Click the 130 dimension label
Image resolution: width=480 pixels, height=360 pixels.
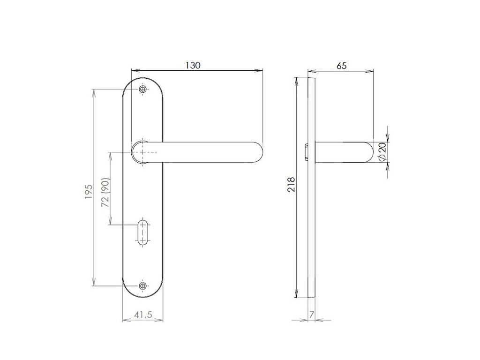[x=193, y=65]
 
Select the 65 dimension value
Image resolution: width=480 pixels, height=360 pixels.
[x=341, y=66]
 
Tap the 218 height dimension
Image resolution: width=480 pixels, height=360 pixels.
[x=291, y=184]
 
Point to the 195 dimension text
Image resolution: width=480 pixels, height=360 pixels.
[x=89, y=192]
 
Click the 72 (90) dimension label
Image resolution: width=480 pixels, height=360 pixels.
[x=105, y=192]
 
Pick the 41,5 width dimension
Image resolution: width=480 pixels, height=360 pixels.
[x=143, y=315]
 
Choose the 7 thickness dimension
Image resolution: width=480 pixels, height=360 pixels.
[x=312, y=315]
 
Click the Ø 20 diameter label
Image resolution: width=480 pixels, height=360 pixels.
[x=382, y=152]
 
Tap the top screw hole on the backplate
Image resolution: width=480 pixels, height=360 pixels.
[x=142, y=89]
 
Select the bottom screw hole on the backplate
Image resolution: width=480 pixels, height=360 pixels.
[x=142, y=286]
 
